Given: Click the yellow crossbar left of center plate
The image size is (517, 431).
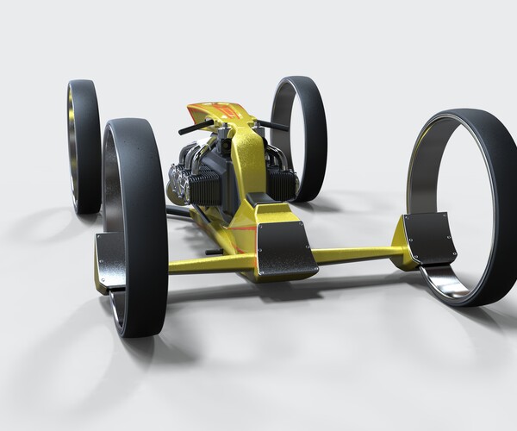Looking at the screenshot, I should coord(211,260).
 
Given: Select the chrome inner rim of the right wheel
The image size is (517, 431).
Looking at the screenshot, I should coord(452,284).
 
